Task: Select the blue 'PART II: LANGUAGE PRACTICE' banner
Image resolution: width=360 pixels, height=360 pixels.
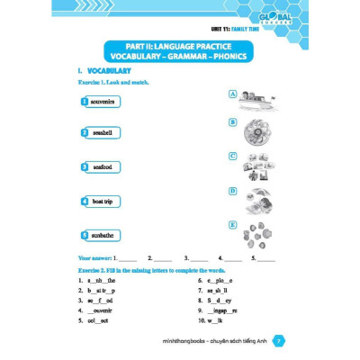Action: [x=180, y=51]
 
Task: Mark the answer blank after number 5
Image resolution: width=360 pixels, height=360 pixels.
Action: [x=266, y=258]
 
